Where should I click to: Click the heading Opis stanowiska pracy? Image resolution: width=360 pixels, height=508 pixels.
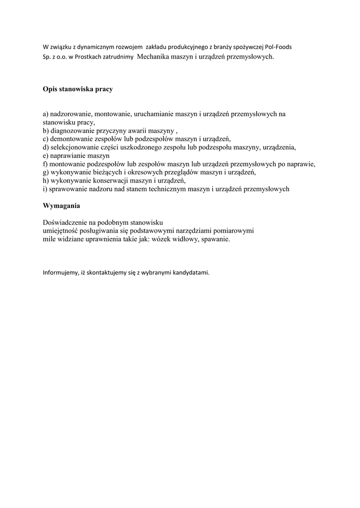[77, 89]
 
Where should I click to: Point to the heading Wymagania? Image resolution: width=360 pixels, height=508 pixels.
[61, 205]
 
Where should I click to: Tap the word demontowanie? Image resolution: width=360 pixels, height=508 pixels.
[72, 139]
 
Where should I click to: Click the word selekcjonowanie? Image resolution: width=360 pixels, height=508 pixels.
[75, 147]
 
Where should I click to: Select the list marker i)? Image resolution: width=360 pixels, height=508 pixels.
[45, 189]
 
